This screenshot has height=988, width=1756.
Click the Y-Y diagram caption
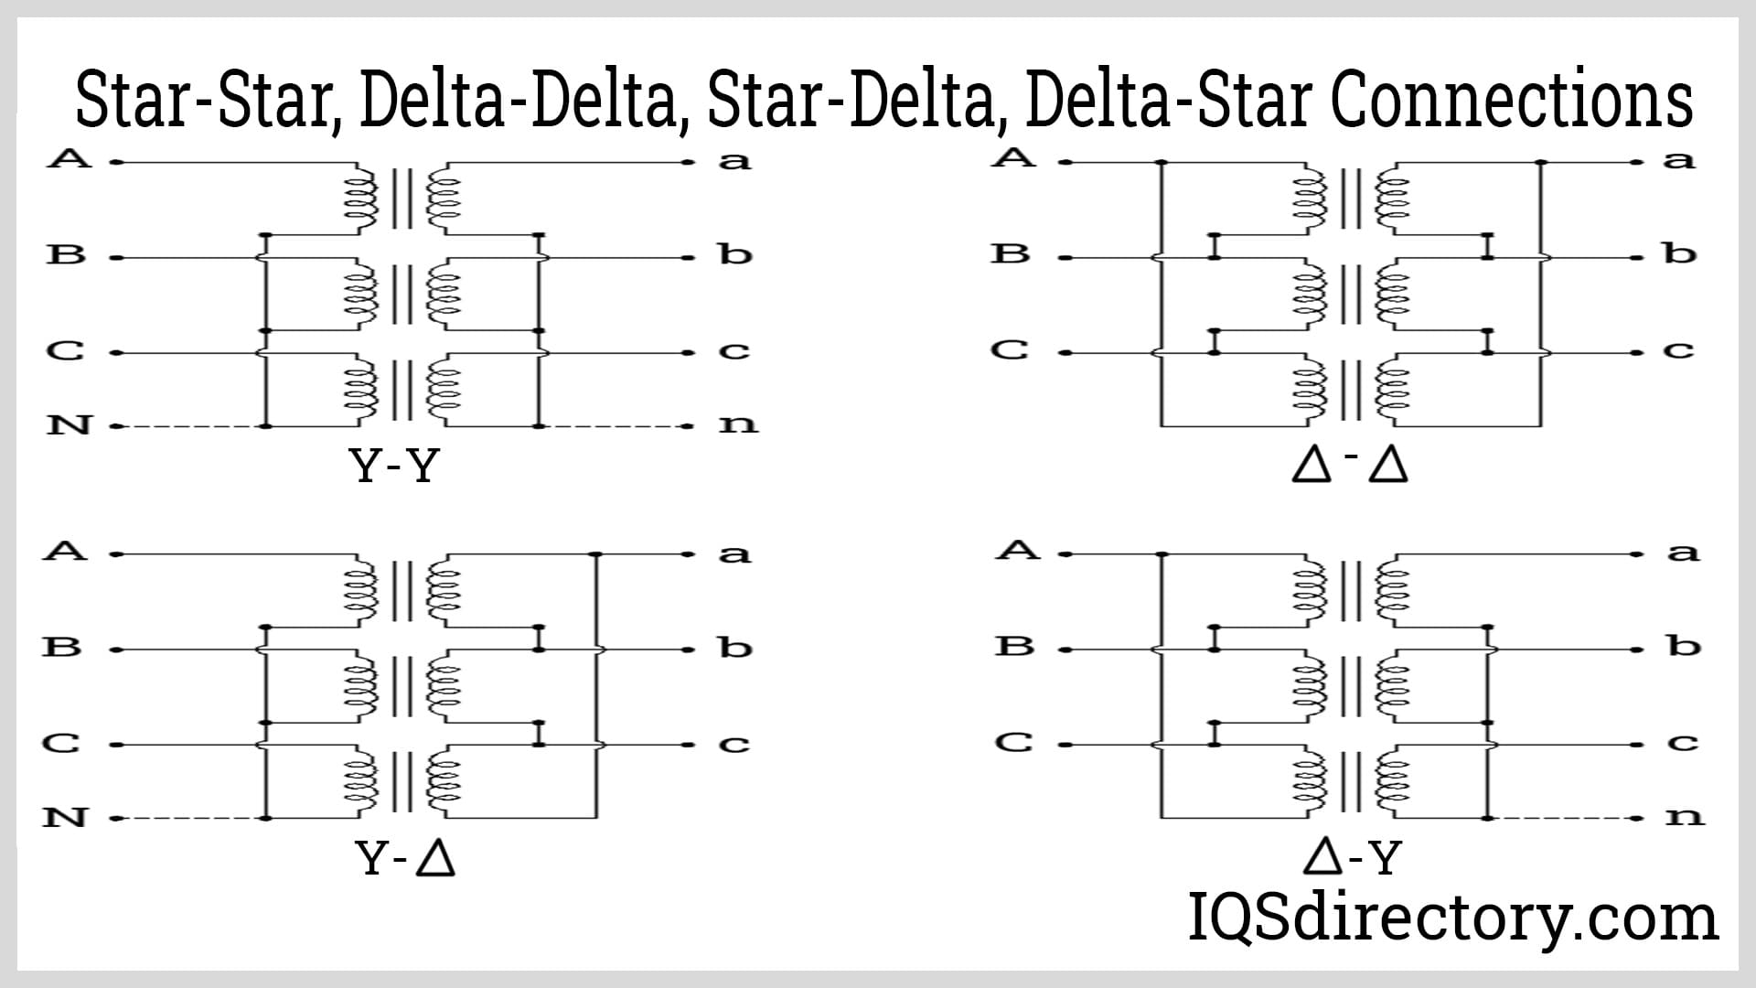click(395, 467)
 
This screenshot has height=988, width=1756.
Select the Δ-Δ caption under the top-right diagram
click(1350, 467)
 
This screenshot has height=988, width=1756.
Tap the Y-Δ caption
click(405, 859)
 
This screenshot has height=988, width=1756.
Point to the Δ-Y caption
click(1352, 858)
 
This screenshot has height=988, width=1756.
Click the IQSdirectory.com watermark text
click(1452, 918)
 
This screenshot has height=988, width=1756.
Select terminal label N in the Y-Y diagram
click(70, 424)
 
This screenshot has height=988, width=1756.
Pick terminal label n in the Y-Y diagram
click(737, 424)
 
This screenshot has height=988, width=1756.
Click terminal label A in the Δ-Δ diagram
click(1014, 157)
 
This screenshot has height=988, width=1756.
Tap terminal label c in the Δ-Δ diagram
click(1678, 350)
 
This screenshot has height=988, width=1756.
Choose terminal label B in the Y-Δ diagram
click(63, 647)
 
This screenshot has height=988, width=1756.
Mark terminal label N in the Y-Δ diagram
click(65, 817)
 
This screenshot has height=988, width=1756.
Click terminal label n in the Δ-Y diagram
click(1684, 816)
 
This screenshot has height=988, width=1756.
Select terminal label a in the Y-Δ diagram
click(733, 554)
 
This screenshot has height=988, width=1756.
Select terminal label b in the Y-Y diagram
click(734, 254)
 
